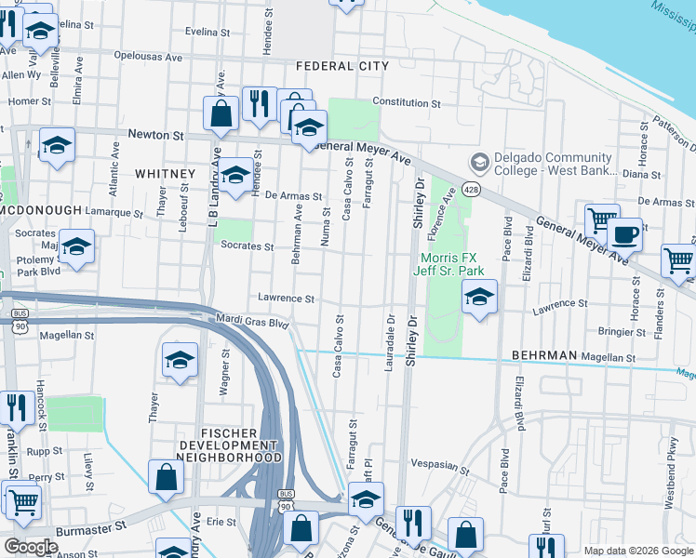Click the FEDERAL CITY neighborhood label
(x=341, y=66)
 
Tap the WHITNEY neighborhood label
(x=165, y=174)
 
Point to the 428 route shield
(x=474, y=190)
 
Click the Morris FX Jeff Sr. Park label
(x=453, y=263)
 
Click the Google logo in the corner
(x=31, y=547)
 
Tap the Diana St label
(x=641, y=174)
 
